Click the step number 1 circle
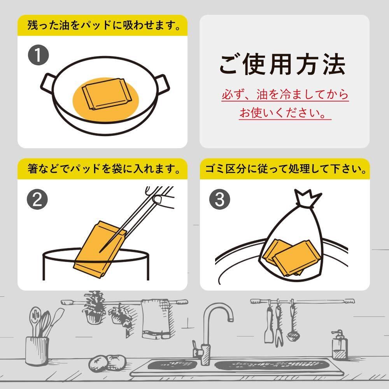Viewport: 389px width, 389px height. [38, 56]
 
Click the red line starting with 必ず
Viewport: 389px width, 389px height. [285, 95]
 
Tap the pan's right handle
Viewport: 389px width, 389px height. [164, 84]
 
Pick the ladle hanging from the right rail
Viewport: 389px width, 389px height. [291, 323]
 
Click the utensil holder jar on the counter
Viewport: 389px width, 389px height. [37, 350]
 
